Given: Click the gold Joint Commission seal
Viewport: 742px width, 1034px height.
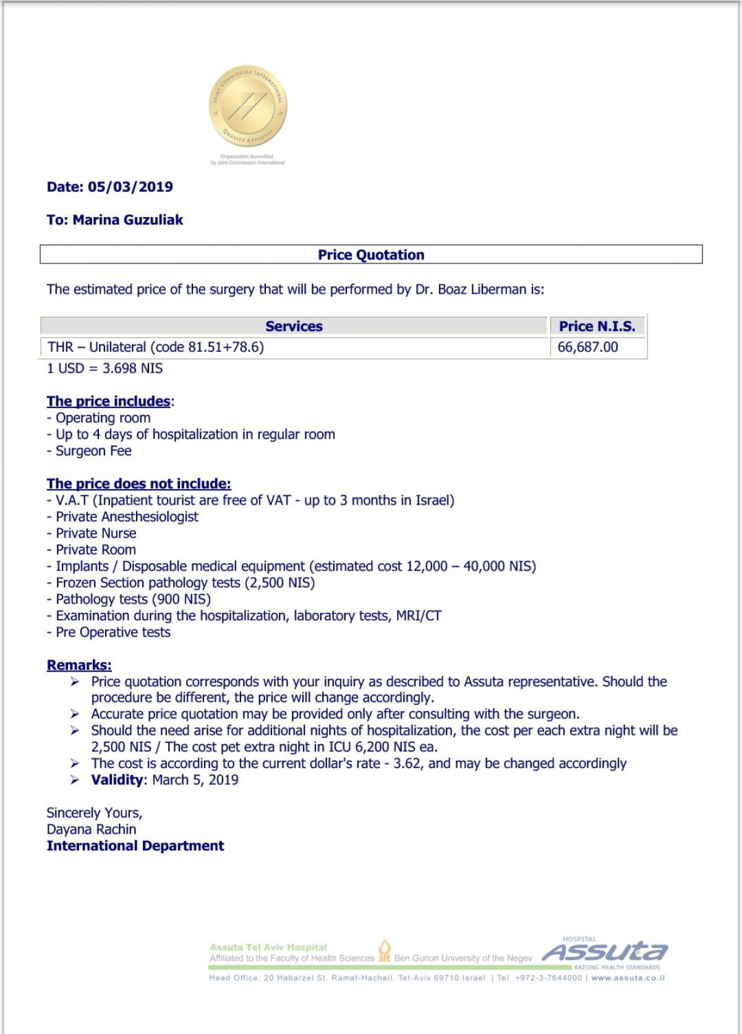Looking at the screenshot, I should (247, 106).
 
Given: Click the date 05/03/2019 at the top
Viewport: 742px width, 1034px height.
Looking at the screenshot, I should (130, 187).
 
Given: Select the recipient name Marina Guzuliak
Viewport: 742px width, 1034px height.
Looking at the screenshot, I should (128, 220).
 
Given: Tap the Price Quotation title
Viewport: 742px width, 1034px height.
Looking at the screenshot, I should (371, 255).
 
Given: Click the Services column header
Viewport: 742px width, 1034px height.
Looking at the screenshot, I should (294, 326).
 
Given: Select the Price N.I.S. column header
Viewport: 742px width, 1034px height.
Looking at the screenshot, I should (597, 326).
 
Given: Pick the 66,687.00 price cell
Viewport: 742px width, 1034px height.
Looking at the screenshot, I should (587, 347).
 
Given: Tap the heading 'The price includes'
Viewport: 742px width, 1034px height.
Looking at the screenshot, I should (108, 401).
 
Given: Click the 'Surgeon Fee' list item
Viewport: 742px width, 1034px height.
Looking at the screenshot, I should (93, 451).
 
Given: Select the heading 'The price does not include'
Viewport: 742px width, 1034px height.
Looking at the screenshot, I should (139, 484).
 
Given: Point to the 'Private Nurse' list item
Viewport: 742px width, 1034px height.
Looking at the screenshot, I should (96, 533).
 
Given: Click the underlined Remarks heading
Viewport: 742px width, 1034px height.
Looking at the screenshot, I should (79, 665).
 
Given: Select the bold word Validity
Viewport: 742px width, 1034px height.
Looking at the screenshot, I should (117, 780).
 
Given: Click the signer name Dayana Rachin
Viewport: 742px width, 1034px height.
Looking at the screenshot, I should (92, 829).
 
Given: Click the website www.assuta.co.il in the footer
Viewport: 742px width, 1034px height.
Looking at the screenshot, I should (628, 978).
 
